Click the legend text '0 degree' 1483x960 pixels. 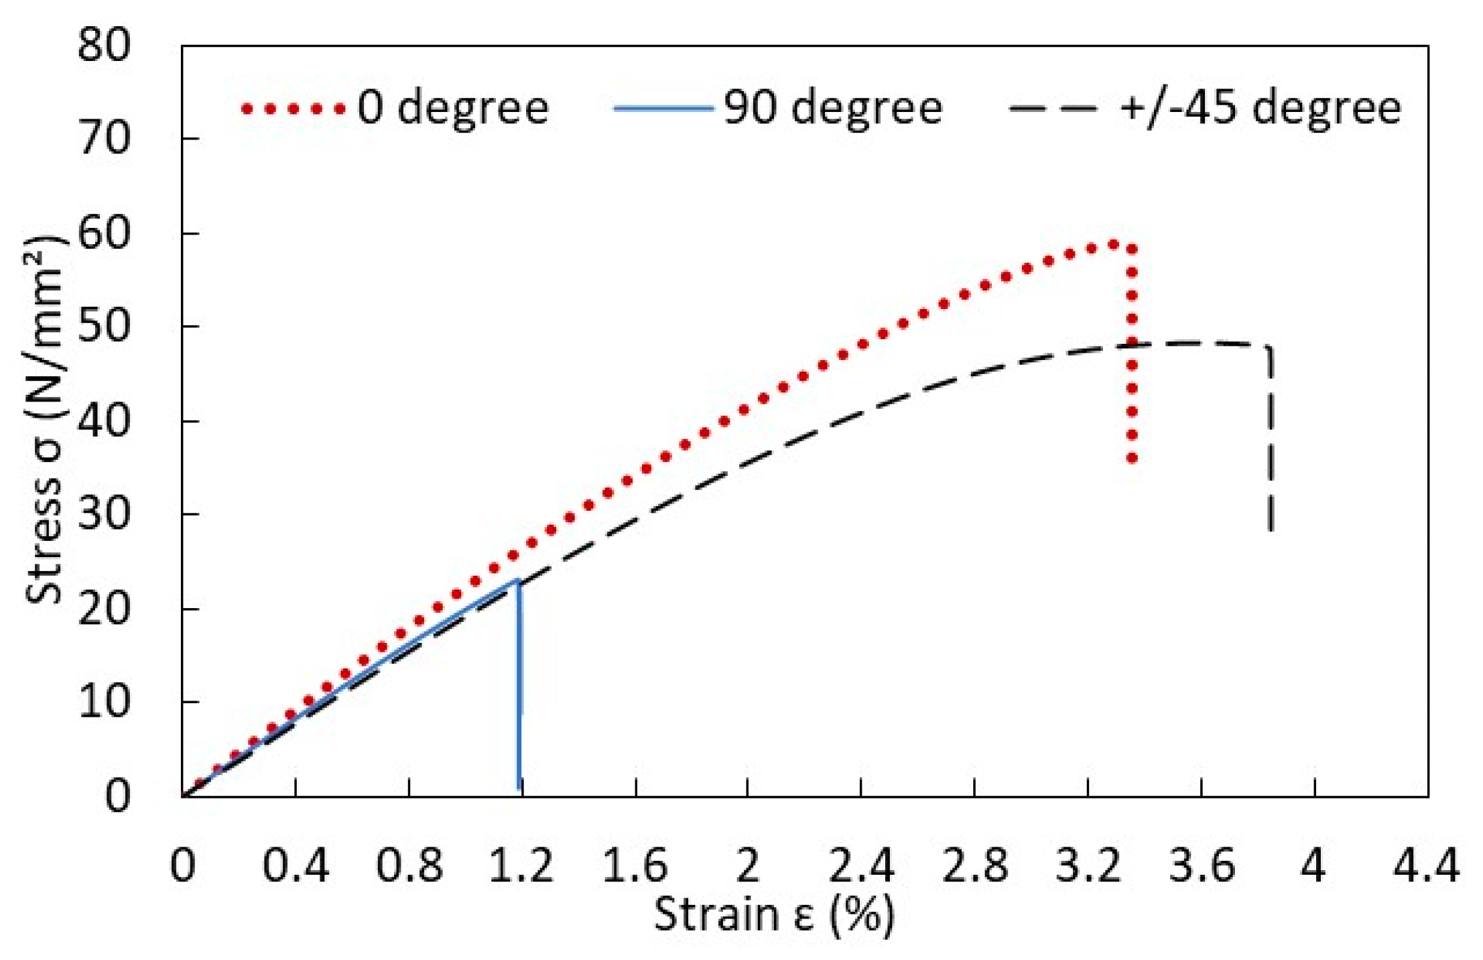tap(453, 107)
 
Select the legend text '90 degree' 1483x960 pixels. tap(833, 107)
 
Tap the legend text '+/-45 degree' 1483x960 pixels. tap(1260, 107)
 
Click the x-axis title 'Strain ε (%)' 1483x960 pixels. tap(774, 914)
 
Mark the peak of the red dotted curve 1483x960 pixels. tap(1113, 245)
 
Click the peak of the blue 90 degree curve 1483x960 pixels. tap(518, 580)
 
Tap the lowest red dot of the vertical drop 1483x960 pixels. tap(1132, 459)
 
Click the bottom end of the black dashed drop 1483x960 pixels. tap(1270, 530)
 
